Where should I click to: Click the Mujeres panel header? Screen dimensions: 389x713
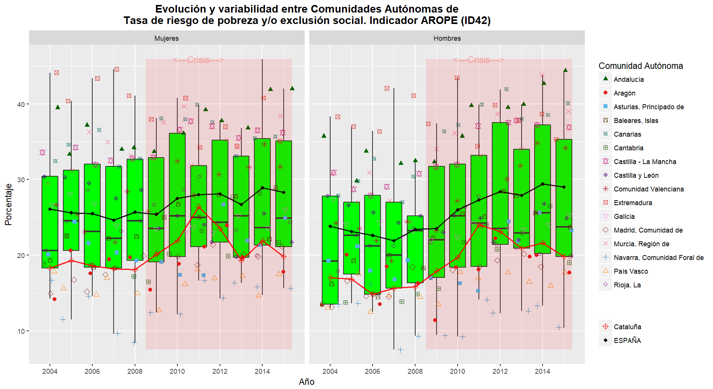(x=167, y=38)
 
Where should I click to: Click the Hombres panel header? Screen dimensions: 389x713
(x=447, y=38)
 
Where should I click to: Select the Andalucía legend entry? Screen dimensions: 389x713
(x=628, y=80)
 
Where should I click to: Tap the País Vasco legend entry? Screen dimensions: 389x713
(x=631, y=271)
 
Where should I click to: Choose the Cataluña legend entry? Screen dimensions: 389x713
(x=627, y=327)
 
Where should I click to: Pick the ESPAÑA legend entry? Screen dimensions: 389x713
(x=627, y=341)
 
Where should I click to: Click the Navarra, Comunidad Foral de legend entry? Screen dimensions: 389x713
(x=658, y=258)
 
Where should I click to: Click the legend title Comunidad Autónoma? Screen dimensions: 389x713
(x=641, y=66)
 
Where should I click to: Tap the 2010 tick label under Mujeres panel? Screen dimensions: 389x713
(x=177, y=371)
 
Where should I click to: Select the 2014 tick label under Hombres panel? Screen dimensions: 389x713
(x=542, y=371)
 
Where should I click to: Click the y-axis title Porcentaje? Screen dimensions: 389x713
(x=8, y=204)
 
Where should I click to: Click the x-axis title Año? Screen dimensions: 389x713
(x=307, y=382)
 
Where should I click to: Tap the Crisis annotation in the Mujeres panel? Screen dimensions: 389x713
(x=198, y=60)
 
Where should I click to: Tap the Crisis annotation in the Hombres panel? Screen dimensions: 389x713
(x=479, y=60)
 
